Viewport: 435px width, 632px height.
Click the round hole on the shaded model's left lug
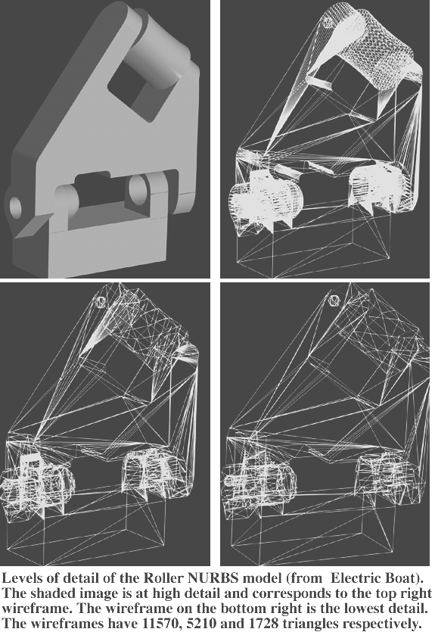tap(15, 207)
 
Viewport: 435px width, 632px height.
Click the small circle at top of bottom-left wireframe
tap(101, 301)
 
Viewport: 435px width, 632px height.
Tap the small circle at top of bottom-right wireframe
tap(334, 300)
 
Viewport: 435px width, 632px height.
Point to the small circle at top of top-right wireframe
tap(328, 21)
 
